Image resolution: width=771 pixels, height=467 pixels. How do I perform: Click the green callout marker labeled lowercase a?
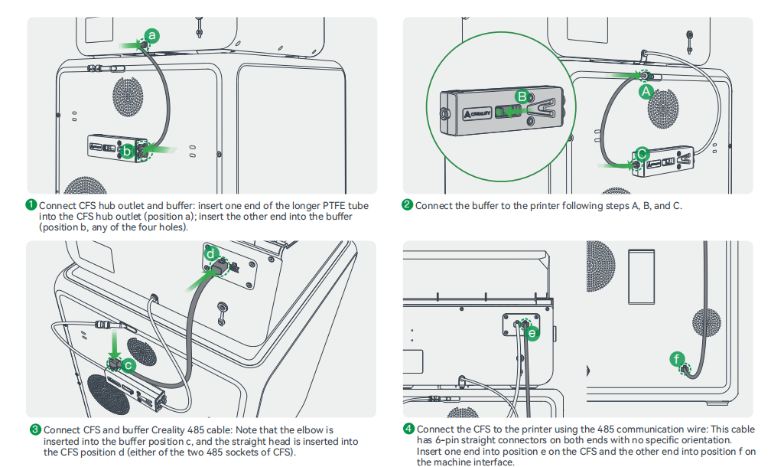(x=152, y=35)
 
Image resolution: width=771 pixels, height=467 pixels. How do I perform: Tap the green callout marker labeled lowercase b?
(x=128, y=151)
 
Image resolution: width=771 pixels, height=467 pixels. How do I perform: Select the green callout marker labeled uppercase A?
(x=646, y=91)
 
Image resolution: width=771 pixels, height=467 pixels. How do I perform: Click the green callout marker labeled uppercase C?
(x=642, y=153)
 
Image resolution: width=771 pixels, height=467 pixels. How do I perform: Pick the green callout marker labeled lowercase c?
(x=129, y=366)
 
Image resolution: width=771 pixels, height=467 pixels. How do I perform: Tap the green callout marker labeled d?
(x=211, y=253)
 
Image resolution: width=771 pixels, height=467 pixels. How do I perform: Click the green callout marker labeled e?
(x=533, y=333)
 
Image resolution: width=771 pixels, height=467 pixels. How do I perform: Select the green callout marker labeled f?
(x=675, y=358)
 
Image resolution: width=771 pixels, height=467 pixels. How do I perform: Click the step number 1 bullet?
(x=31, y=205)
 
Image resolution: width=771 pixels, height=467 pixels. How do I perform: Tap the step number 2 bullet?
(x=408, y=205)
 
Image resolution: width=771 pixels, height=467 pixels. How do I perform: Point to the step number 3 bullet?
(x=35, y=429)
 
